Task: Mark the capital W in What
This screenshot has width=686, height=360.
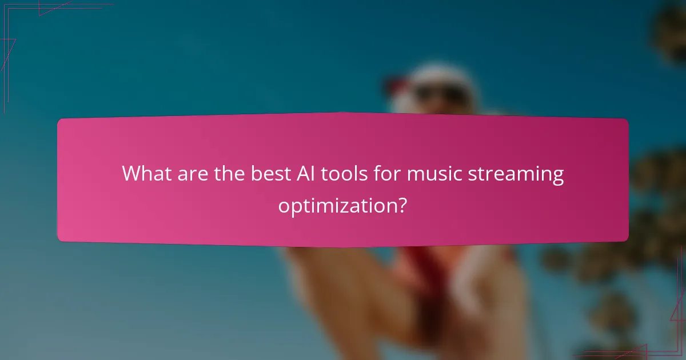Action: point(132,174)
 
